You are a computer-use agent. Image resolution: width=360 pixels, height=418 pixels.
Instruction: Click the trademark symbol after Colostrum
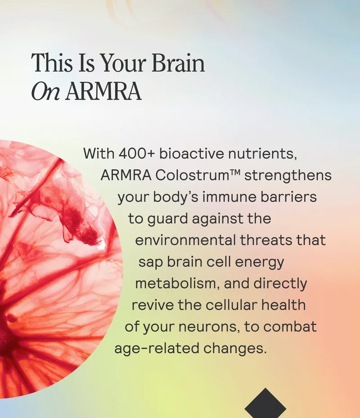(x=235, y=173)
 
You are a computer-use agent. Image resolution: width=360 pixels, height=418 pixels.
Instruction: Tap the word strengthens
(x=288, y=175)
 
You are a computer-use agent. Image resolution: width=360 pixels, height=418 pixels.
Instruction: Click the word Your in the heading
(x=122, y=64)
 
